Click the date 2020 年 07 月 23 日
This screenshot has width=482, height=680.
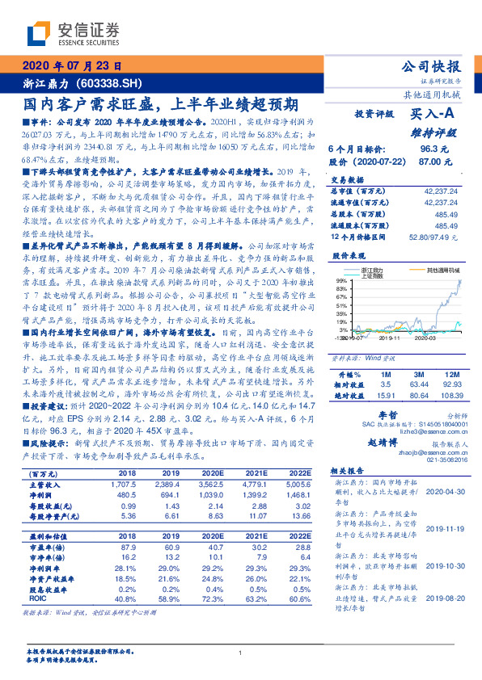tap(72, 68)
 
